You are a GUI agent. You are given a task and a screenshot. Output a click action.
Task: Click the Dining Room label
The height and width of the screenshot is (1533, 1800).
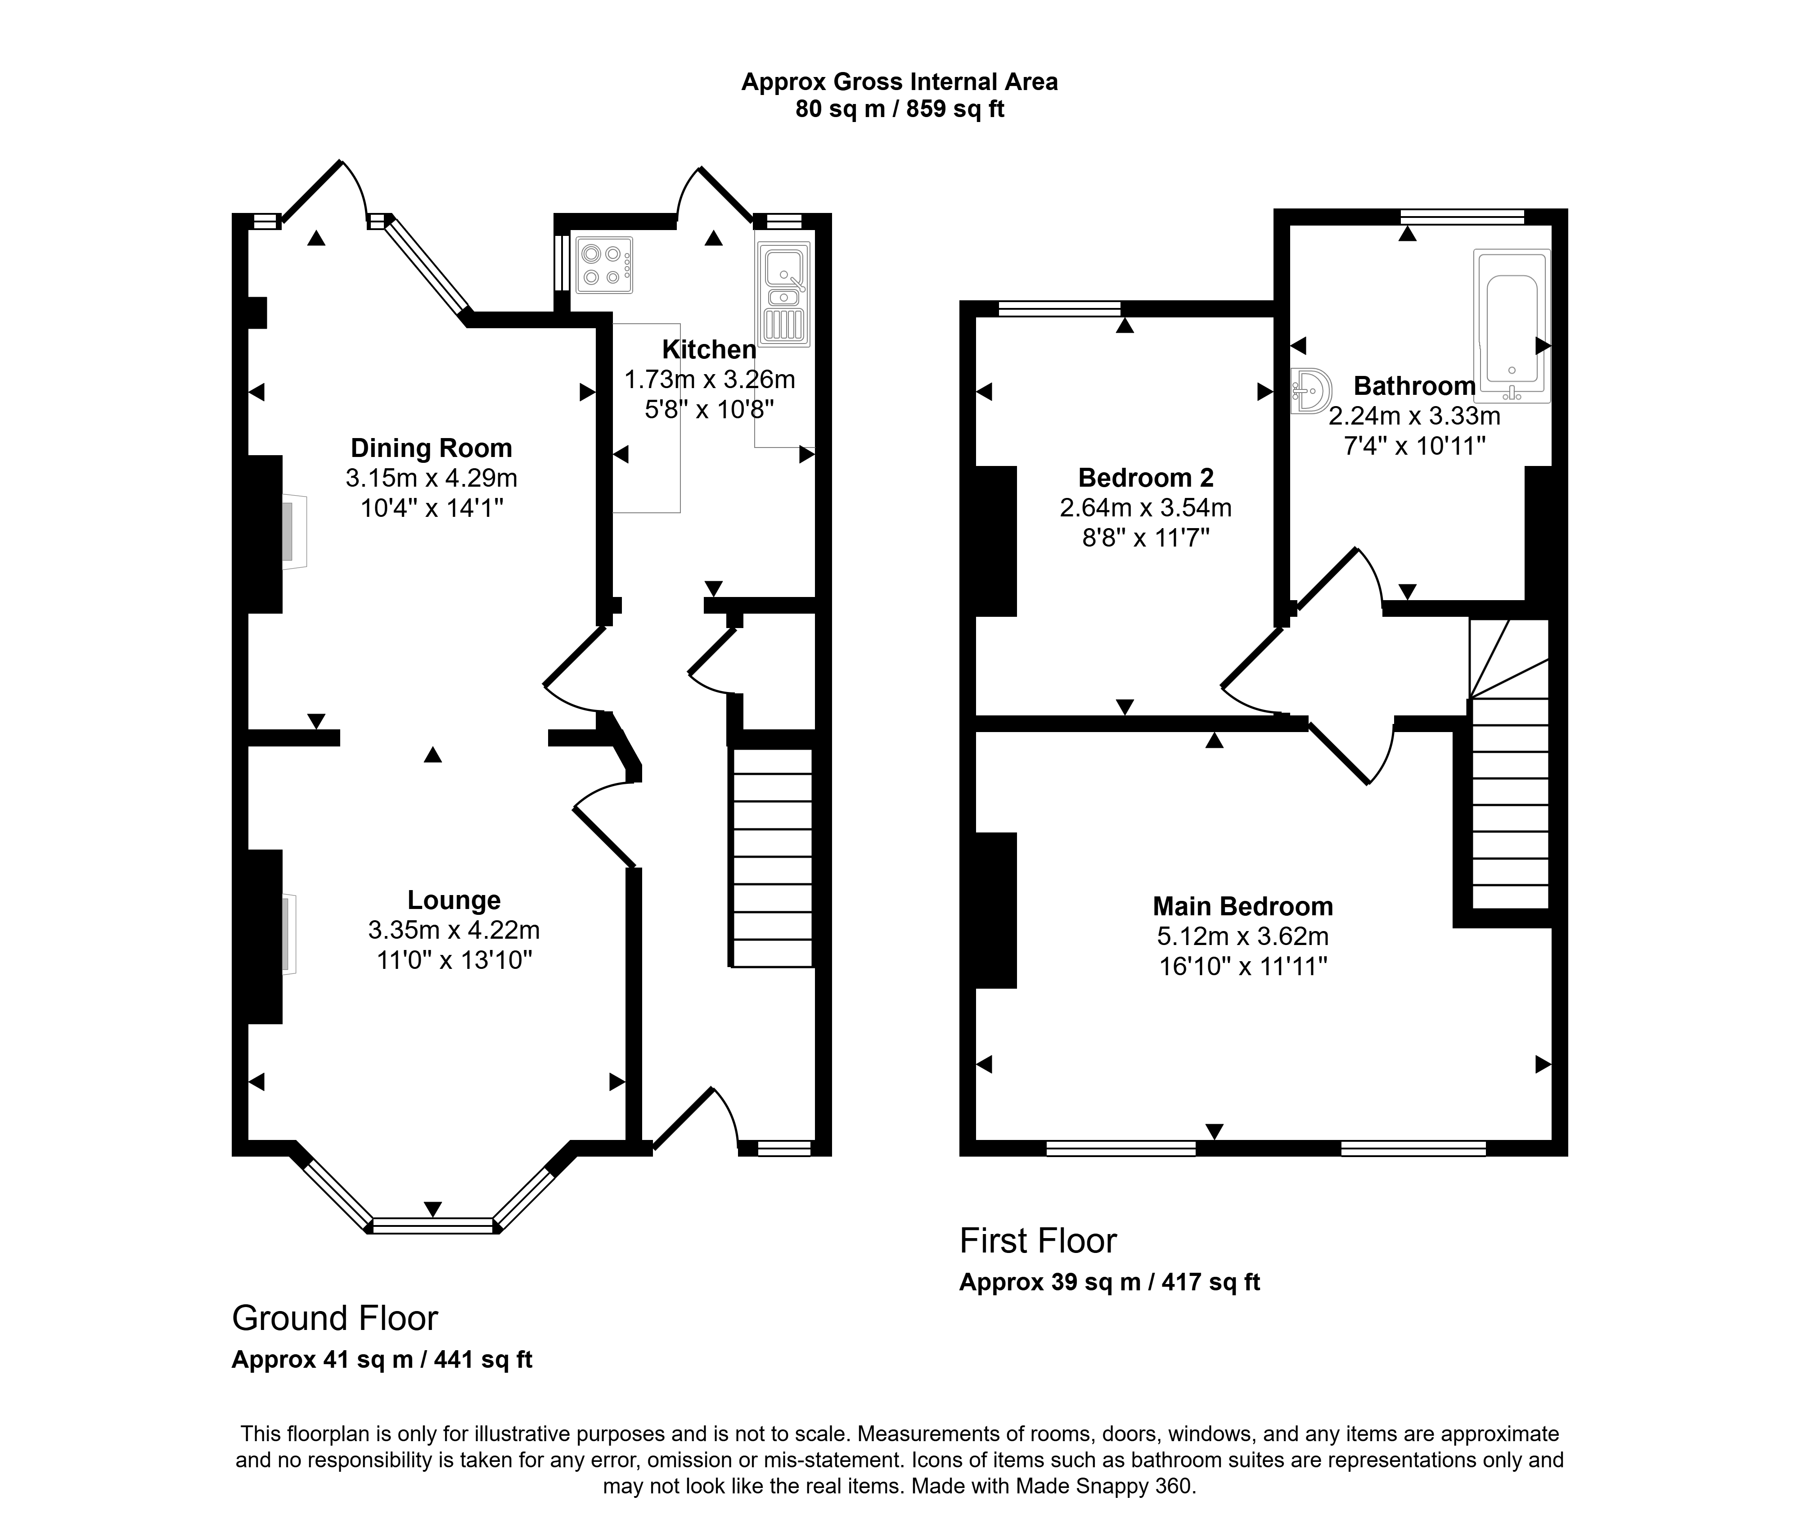(431, 448)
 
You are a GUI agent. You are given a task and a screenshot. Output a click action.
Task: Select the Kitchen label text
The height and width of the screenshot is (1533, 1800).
(709, 349)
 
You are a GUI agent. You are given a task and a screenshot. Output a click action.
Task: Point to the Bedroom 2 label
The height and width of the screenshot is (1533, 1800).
(1146, 478)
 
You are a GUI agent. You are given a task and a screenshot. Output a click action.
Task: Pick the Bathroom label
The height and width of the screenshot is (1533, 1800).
(1414, 386)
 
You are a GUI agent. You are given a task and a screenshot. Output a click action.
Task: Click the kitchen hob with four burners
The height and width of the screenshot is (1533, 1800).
(604, 265)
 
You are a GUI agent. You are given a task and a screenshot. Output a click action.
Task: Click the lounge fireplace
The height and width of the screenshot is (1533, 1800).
(288, 934)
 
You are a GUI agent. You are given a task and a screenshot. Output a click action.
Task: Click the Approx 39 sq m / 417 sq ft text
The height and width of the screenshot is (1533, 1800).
(1109, 1282)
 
